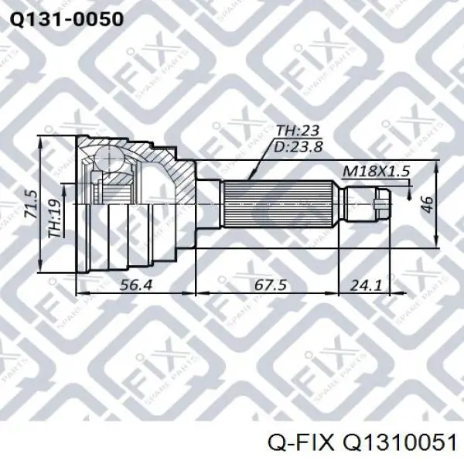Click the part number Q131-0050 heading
point(67,19)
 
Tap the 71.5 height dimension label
point(32,205)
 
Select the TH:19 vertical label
point(56,218)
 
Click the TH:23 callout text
point(297,131)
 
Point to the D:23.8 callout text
point(298,146)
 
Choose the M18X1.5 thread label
point(376,172)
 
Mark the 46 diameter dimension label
point(428,204)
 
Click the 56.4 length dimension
point(136,285)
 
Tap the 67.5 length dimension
point(271,285)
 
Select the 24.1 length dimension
point(366,285)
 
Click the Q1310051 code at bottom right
point(399,445)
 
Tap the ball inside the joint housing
point(108,158)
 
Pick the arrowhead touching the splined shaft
point(251,176)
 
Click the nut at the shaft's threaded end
point(383,204)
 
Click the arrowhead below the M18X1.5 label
point(409,196)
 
